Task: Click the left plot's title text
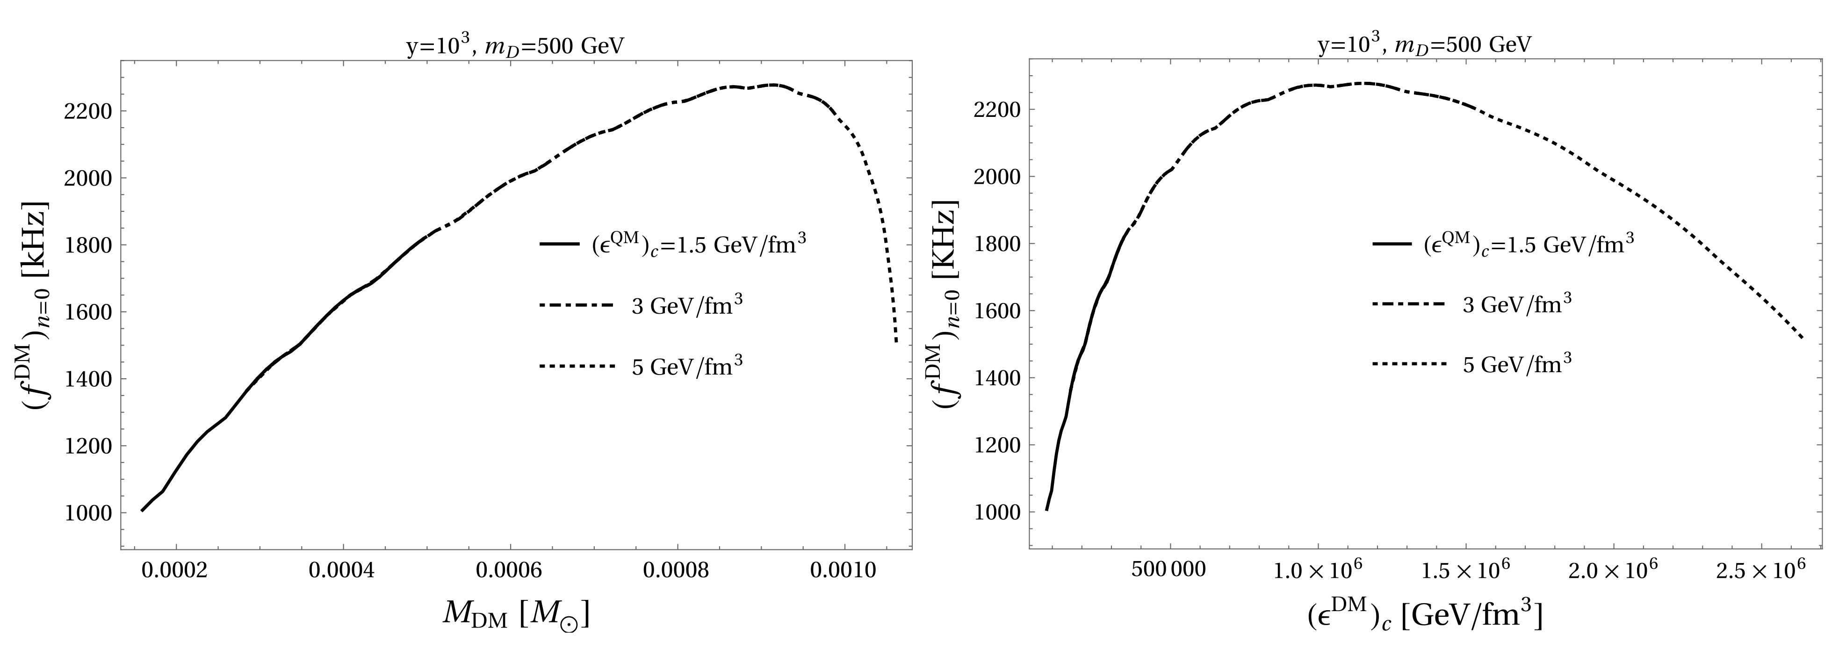click(515, 46)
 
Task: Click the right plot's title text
click(1425, 45)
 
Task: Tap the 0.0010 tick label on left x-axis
click(844, 571)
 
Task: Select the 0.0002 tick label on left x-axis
click(175, 571)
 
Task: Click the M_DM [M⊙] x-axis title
click(516, 614)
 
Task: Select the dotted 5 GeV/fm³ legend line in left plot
click(577, 367)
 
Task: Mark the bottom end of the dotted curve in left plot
click(896, 342)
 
